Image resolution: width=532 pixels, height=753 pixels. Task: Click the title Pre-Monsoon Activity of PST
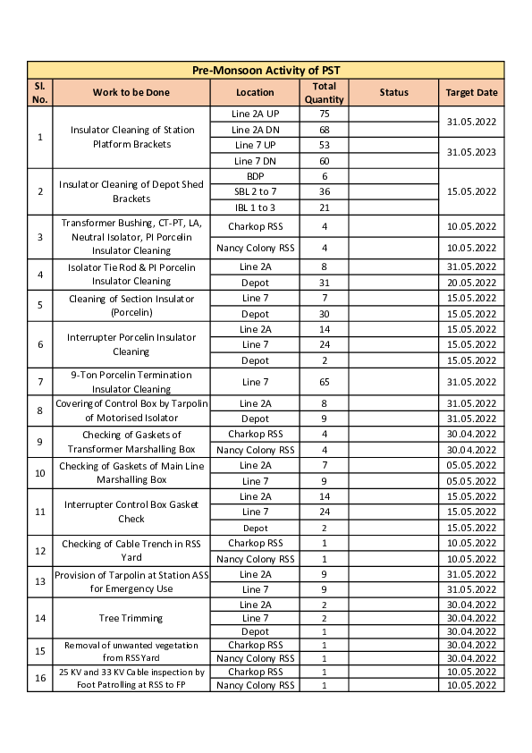point(266,71)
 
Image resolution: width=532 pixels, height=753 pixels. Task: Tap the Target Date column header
point(471,92)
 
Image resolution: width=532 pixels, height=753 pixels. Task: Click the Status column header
point(393,92)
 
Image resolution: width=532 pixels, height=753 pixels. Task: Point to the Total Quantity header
point(324,92)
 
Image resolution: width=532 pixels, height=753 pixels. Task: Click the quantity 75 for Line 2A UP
point(324,114)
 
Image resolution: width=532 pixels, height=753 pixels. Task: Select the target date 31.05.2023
point(471,152)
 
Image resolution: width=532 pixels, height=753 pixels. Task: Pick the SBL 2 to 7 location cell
point(255,191)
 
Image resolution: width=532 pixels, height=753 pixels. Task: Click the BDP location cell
point(255,176)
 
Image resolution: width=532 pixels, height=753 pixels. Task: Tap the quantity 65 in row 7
point(324,382)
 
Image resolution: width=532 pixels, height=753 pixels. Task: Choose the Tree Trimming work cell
point(131,618)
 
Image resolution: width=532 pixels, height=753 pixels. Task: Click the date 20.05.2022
point(471,283)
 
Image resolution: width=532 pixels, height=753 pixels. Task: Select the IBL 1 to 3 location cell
point(255,207)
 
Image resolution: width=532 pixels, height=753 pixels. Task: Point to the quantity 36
point(324,191)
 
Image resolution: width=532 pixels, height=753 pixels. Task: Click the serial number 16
point(40,678)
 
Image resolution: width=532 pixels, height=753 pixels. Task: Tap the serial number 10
point(40,473)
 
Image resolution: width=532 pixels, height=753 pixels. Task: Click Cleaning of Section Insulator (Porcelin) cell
point(131,306)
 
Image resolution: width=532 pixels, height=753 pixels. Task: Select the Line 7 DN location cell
point(255,160)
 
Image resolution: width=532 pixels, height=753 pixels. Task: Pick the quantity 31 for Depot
point(324,283)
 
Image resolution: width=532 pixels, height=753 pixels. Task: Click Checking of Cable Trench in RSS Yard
point(131,550)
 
